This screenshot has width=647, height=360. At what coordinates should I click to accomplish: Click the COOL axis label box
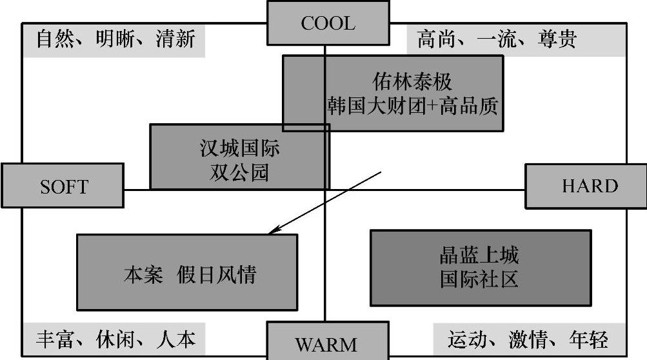coord(328,24)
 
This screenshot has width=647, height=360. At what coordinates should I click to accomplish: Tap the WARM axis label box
coord(327,343)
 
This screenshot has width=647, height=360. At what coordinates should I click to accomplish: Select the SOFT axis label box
coord(63,186)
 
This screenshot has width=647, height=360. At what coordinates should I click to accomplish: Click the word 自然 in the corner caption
coord(54,39)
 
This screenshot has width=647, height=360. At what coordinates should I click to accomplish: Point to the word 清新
coord(174,39)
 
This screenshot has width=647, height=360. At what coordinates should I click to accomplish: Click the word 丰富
coord(54,339)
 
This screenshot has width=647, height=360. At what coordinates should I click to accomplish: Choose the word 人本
coord(175,339)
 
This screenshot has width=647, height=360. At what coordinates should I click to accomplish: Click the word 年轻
coord(588,339)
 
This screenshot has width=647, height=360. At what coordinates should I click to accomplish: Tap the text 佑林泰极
coord(412,82)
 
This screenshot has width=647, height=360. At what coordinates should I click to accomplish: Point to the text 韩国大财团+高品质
coord(412,106)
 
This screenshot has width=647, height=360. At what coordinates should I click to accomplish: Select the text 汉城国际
coord(239,149)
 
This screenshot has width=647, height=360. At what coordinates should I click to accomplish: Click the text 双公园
coord(239,172)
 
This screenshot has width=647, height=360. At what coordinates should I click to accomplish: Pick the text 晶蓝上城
coord(479,255)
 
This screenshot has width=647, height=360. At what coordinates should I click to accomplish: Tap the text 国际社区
coord(479,279)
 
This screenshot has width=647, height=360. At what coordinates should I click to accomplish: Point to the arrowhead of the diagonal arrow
coord(272,231)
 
